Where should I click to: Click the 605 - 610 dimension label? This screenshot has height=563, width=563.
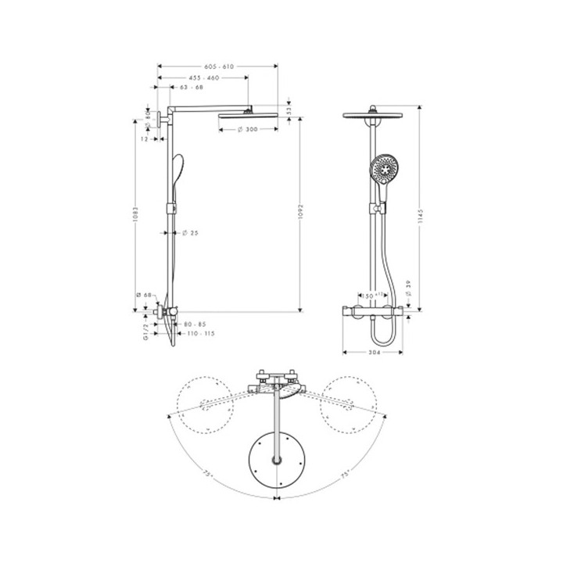point(217,67)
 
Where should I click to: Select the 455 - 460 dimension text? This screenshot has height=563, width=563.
point(203,78)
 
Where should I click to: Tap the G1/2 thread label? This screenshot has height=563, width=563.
point(145,331)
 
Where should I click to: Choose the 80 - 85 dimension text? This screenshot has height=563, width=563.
point(195,324)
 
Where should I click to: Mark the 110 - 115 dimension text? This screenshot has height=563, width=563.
point(199,334)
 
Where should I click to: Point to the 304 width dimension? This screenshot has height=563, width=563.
point(373,353)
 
